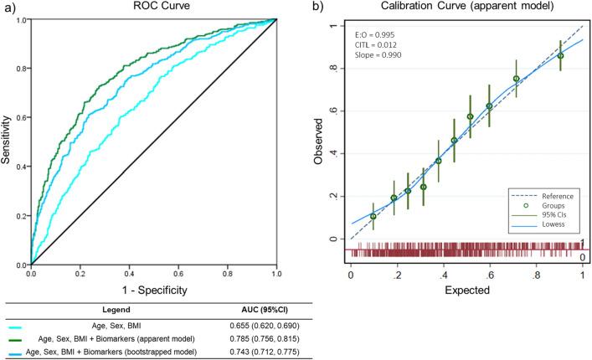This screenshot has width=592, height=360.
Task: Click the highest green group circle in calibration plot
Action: [x=560, y=56]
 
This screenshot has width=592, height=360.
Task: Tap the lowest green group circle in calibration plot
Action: [x=373, y=216]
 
